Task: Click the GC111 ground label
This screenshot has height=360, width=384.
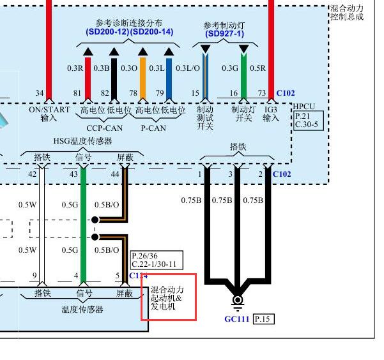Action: click(x=238, y=319)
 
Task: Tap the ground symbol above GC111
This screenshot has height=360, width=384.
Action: click(x=238, y=301)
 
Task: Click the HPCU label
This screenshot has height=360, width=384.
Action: click(x=304, y=107)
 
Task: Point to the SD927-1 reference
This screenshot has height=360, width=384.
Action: click(x=225, y=34)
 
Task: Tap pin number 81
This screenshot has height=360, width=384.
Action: click(x=77, y=93)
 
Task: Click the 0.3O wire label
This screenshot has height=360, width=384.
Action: click(x=129, y=68)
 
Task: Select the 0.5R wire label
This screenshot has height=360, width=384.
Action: click(x=258, y=68)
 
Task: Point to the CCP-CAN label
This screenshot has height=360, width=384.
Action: click(x=100, y=128)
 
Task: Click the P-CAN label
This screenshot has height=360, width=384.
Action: click(x=153, y=128)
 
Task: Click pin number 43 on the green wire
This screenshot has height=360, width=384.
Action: click(x=73, y=174)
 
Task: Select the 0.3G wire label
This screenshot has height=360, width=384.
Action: click(x=230, y=68)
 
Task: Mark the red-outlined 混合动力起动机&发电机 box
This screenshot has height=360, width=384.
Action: click(x=169, y=297)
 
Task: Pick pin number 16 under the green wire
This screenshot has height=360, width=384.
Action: click(x=234, y=93)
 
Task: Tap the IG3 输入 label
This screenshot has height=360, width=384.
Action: click(x=271, y=114)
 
